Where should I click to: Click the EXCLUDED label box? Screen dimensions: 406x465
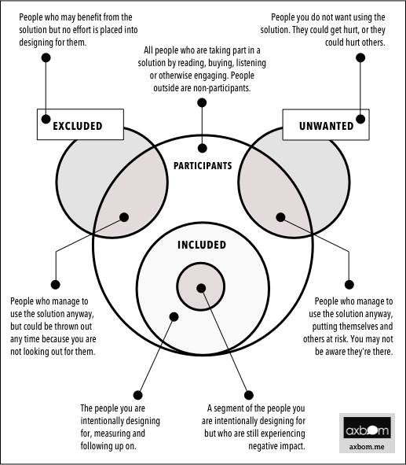(80, 124)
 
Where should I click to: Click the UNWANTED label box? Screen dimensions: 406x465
(326, 124)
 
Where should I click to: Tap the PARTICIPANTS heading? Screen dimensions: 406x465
(203, 166)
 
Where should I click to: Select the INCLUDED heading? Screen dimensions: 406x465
(202, 245)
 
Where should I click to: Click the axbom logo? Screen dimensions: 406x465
(367, 428)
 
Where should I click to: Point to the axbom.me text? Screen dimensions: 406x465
(367, 447)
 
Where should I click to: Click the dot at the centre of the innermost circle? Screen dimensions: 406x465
(201, 288)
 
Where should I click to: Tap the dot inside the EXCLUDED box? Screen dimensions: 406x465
(46, 120)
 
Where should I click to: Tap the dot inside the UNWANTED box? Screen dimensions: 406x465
(360, 120)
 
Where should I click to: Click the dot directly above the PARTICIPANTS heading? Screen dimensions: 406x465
(202, 148)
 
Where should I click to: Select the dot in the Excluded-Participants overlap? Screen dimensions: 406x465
(124, 217)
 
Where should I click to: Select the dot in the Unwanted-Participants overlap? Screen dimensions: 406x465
(280, 217)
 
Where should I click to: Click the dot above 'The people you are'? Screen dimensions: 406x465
(137, 395)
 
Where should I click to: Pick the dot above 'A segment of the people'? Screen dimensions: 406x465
(249, 395)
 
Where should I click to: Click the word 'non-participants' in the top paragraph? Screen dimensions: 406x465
(221, 88)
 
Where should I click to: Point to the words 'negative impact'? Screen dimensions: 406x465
(276, 446)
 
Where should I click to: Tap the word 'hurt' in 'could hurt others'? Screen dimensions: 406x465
(353, 42)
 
